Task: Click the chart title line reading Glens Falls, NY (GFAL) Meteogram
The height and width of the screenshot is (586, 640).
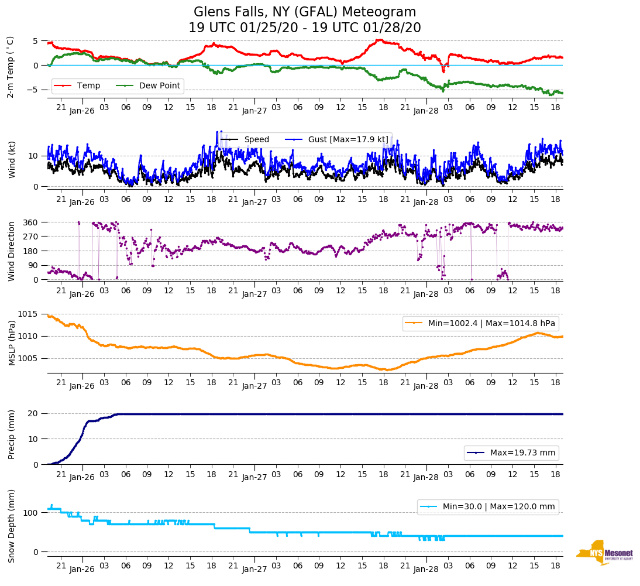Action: tap(305, 12)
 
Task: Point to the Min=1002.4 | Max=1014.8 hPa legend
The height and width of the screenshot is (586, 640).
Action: tap(480, 323)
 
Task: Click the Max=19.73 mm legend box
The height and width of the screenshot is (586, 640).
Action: tap(511, 453)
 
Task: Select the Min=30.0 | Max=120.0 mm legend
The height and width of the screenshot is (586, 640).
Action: tap(487, 506)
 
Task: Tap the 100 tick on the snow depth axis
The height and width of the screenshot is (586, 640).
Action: tap(31, 513)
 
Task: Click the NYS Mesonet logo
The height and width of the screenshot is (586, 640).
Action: tap(605, 552)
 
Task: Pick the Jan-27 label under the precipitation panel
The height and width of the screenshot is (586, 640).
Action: tap(254, 477)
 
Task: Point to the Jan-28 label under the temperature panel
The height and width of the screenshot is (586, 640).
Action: tap(426, 110)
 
